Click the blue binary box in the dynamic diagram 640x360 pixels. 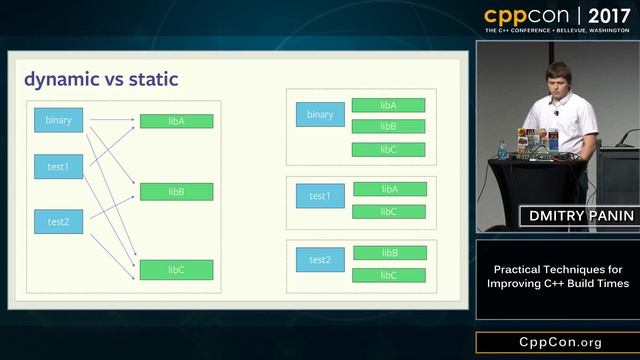click(x=59, y=120)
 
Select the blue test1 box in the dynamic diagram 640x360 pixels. click(x=59, y=166)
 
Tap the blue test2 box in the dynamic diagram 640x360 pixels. click(x=59, y=221)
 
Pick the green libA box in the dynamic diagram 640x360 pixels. click(x=176, y=121)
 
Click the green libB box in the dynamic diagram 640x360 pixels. click(x=176, y=191)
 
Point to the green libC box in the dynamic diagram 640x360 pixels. click(x=176, y=269)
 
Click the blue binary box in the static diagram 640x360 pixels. click(x=320, y=115)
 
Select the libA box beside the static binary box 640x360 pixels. click(x=389, y=105)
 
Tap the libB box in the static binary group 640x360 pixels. click(x=389, y=127)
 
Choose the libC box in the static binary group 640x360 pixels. click(x=389, y=150)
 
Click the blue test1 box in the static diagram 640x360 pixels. click(x=320, y=196)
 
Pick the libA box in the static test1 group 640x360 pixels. click(x=389, y=189)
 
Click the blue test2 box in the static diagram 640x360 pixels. click(x=320, y=260)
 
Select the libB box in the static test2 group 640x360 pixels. click(x=389, y=253)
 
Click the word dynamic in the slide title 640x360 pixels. click(x=61, y=79)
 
